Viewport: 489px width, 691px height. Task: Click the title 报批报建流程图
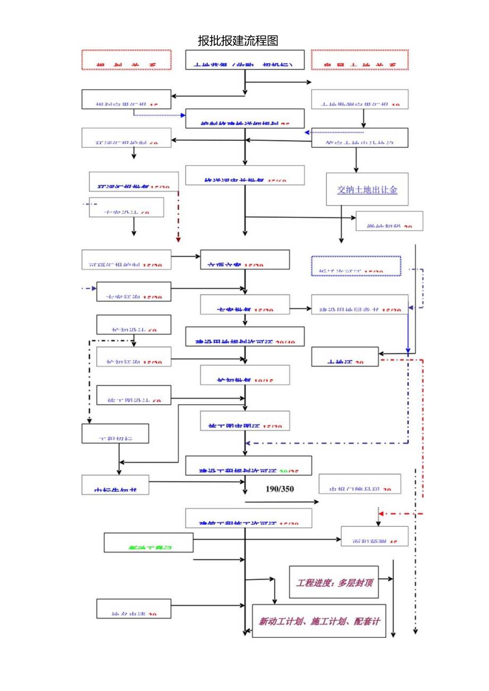[x=238, y=40]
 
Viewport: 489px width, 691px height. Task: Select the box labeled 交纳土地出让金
[x=367, y=189]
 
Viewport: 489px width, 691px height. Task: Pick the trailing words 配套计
[x=367, y=621]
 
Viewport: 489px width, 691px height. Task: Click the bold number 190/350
[x=280, y=489]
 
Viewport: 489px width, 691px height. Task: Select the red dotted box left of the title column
[x=127, y=59]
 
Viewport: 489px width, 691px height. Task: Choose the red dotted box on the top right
[x=360, y=59]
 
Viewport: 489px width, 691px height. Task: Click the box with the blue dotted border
[x=356, y=266]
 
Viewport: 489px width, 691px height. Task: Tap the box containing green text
[x=148, y=542]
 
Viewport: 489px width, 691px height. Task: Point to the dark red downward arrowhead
[x=179, y=240]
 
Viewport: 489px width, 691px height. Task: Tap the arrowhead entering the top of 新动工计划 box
[x=274, y=601]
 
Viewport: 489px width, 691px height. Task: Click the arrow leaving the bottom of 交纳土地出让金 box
[x=341, y=240]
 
